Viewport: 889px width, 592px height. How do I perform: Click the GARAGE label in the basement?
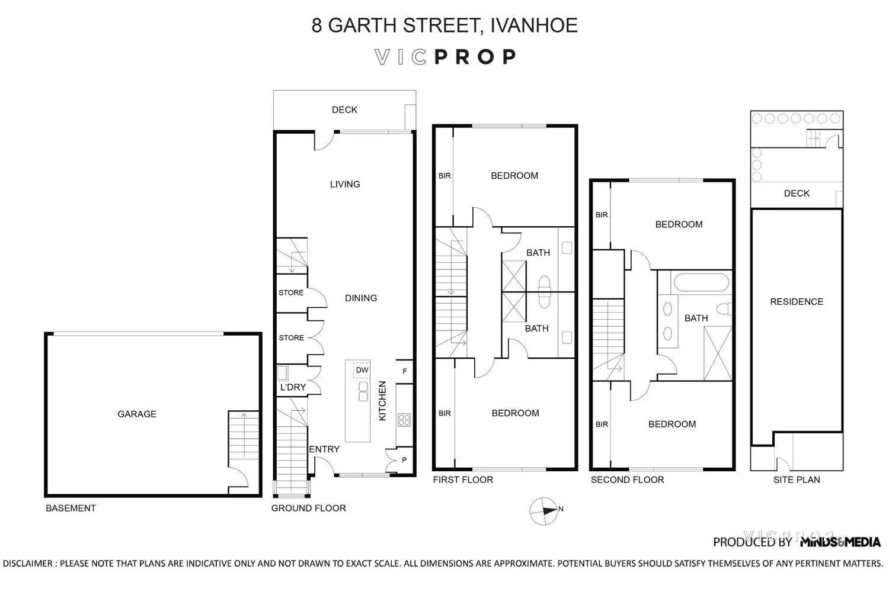click(x=137, y=414)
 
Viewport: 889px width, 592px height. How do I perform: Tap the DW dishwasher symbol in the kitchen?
click(x=362, y=370)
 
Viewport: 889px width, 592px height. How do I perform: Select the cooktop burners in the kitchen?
click(x=404, y=420)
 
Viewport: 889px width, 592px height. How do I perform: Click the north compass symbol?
click(x=545, y=510)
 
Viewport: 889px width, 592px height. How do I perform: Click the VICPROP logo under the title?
click(x=445, y=57)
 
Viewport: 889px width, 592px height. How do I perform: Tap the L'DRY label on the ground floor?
click(x=293, y=387)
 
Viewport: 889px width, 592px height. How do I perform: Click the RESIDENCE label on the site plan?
click(x=797, y=302)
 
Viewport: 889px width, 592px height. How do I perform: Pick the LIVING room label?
click(x=345, y=184)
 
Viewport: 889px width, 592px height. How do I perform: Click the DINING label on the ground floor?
click(x=361, y=298)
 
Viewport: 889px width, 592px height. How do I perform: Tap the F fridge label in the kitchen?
click(x=405, y=371)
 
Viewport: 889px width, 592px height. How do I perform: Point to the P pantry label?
click(x=405, y=460)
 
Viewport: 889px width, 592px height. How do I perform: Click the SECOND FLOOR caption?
click(x=627, y=480)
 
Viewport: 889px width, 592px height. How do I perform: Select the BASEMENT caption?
click(x=71, y=508)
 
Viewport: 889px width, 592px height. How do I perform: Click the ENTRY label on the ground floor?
click(x=325, y=449)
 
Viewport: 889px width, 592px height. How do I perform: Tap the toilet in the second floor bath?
click(x=724, y=309)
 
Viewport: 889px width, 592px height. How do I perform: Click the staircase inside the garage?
click(x=244, y=435)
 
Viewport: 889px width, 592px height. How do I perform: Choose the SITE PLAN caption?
click(x=797, y=480)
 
